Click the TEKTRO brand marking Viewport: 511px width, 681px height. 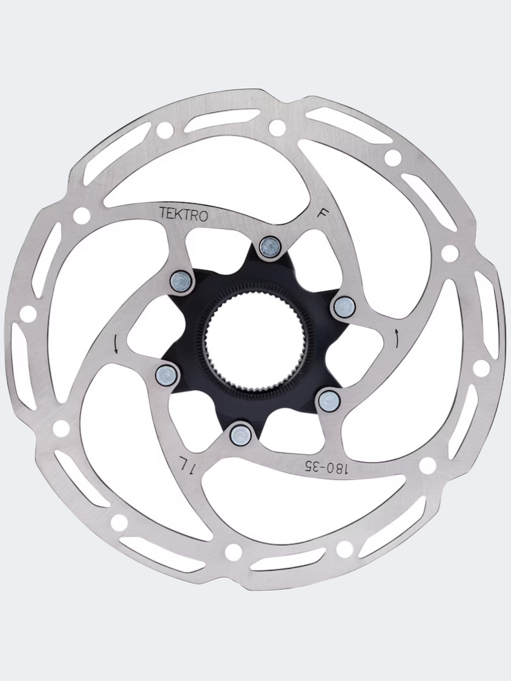[x=184, y=214]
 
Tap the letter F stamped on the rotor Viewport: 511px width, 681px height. [x=323, y=214]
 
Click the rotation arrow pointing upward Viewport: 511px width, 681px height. [x=397, y=337]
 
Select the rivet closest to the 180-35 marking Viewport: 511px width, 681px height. [x=329, y=400]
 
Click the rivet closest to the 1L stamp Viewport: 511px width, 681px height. [x=241, y=433]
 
